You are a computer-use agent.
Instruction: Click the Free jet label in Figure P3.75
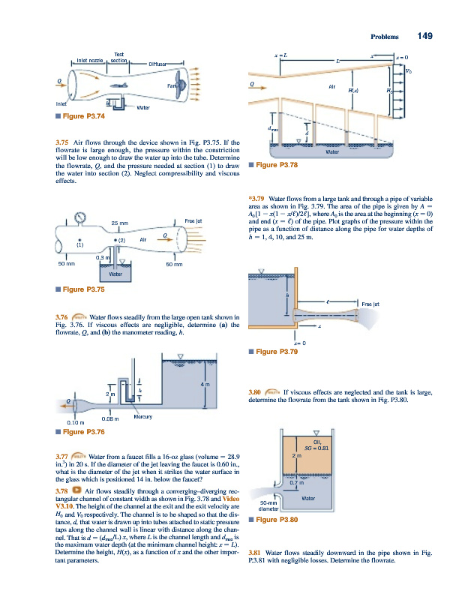(x=194, y=219)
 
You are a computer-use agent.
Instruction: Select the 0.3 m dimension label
(x=102, y=257)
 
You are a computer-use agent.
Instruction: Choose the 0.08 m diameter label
(x=112, y=420)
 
